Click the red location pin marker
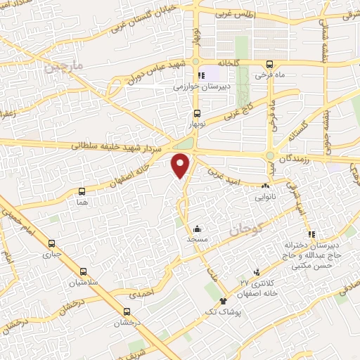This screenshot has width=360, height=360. (x=181, y=165)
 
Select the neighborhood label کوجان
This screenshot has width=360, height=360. (x=245, y=229)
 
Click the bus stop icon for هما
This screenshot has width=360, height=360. (x=82, y=191)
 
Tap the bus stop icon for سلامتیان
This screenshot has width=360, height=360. (x=84, y=271)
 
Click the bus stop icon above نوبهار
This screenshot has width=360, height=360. (x=195, y=113)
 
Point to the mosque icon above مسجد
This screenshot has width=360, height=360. (x=198, y=229)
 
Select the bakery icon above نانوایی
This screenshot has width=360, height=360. (x=265, y=186)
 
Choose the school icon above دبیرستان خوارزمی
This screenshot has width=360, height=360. (x=200, y=75)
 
